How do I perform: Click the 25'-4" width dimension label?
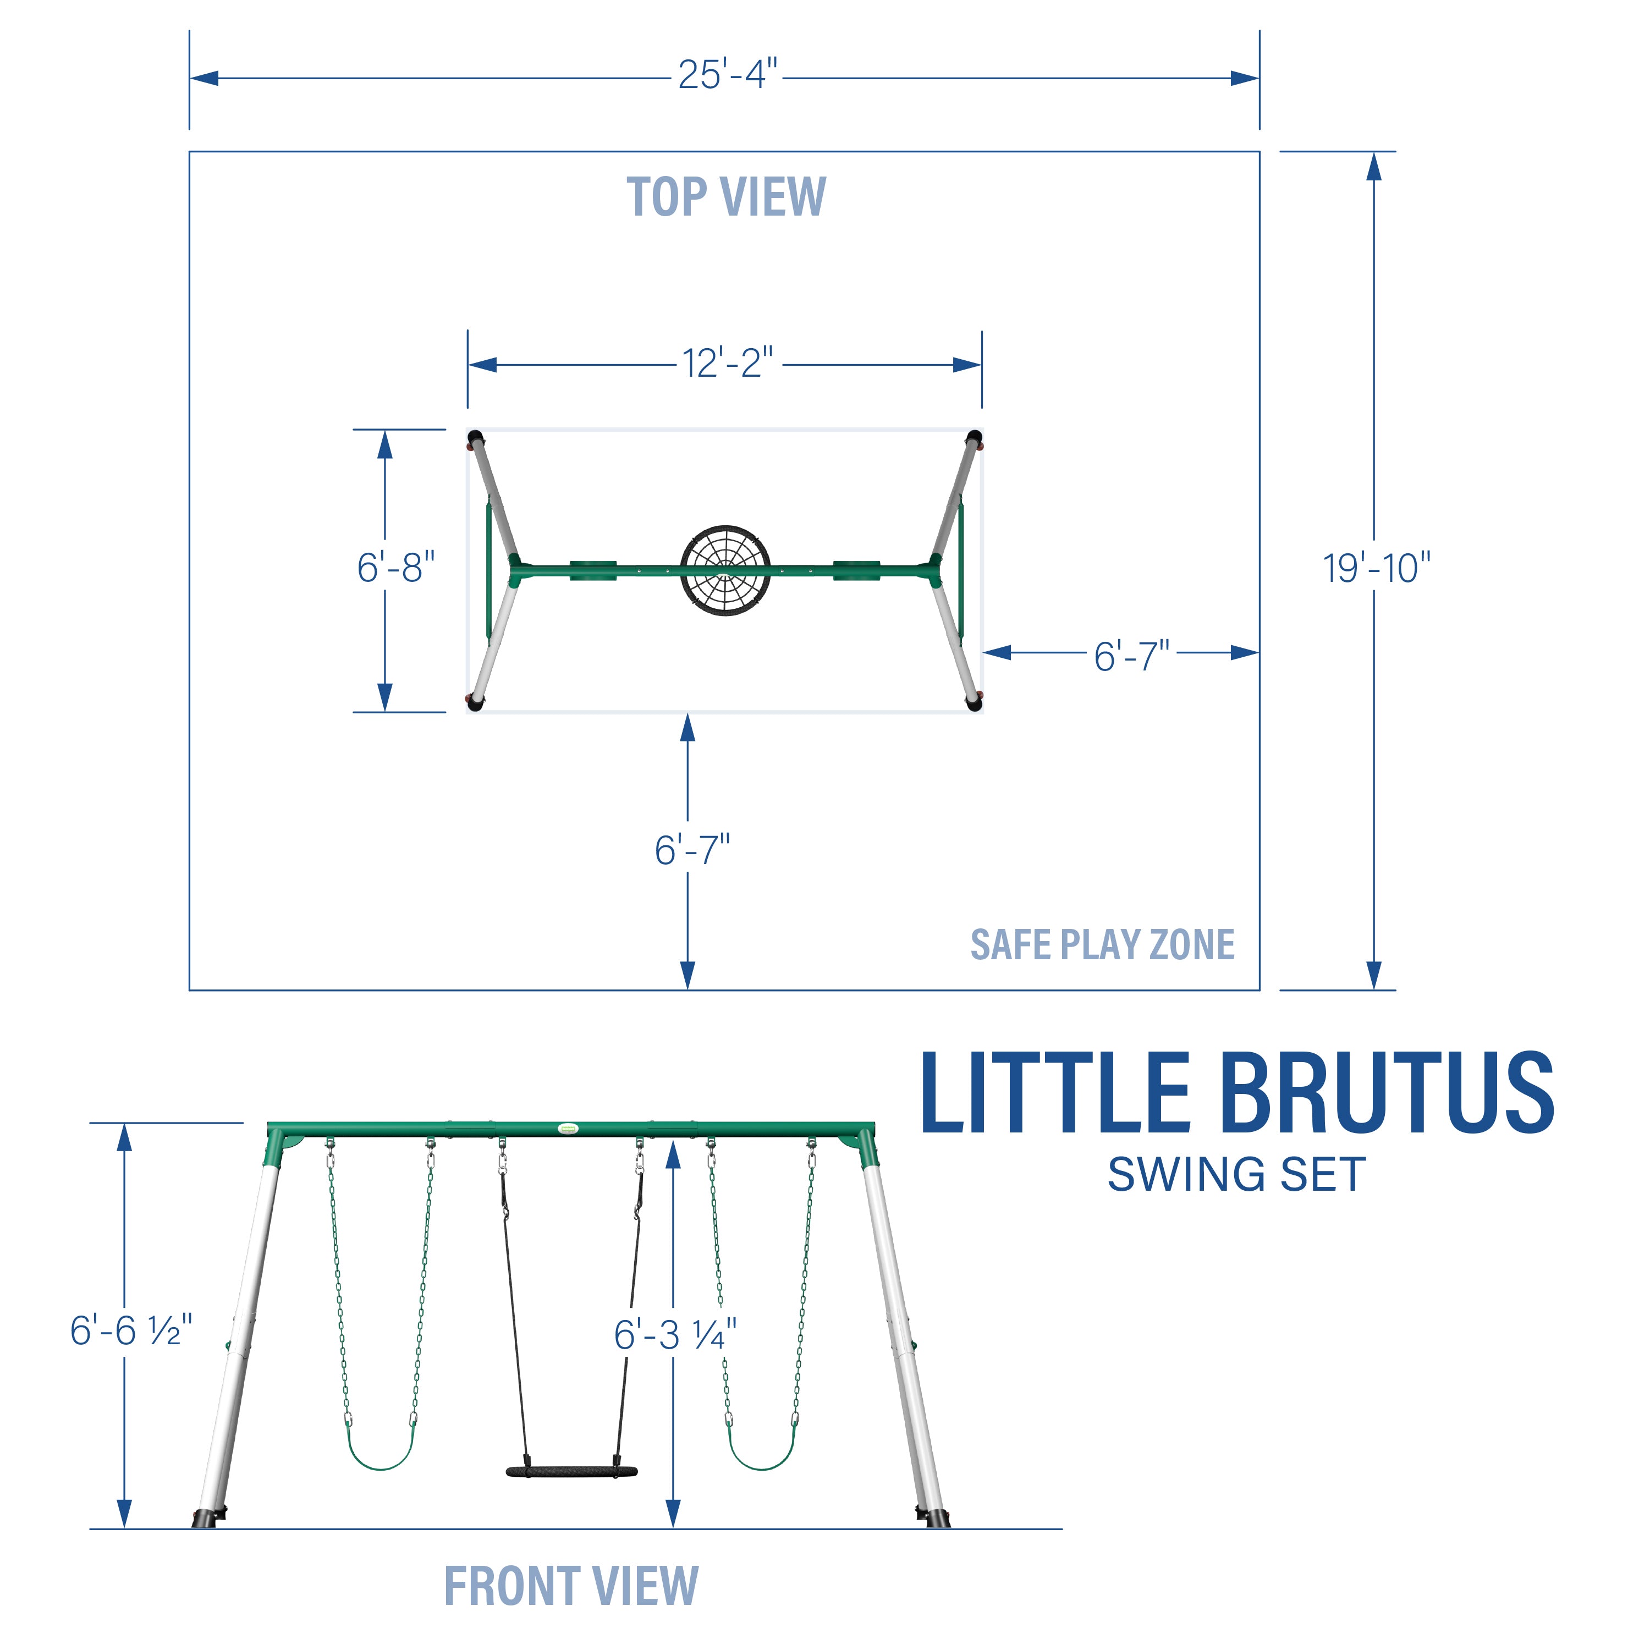[728, 75]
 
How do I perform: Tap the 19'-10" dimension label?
[1376, 569]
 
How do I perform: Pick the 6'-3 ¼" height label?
[675, 1335]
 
